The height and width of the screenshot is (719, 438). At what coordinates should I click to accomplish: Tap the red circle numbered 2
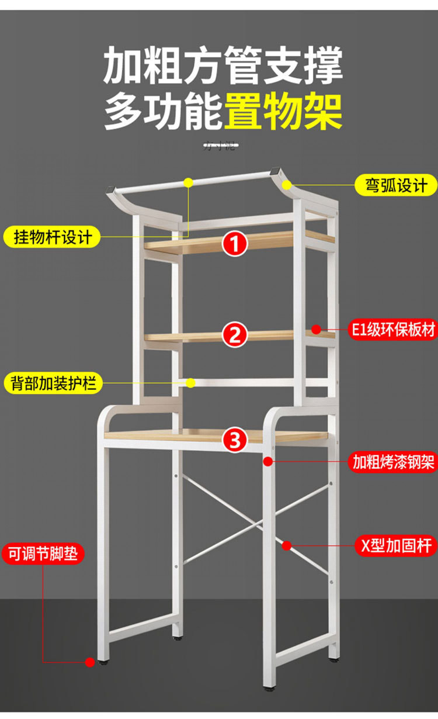click(x=235, y=335)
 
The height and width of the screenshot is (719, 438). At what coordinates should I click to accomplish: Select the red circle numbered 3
click(x=235, y=440)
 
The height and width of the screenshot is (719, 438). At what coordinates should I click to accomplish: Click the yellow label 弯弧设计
click(x=396, y=186)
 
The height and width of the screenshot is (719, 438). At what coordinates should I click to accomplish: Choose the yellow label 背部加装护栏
click(x=53, y=383)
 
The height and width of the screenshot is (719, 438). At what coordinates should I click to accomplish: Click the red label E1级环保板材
click(x=393, y=330)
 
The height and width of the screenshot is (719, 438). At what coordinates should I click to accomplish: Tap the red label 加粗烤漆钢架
click(x=393, y=462)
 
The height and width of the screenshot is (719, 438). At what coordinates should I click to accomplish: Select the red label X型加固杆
click(x=396, y=546)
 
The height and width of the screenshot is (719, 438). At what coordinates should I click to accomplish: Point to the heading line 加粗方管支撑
click(x=223, y=66)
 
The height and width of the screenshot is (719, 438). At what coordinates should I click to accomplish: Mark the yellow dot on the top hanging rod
click(x=188, y=182)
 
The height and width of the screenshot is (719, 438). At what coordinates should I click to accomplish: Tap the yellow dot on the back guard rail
click(x=190, y=383)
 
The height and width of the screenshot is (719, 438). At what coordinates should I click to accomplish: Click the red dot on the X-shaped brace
click(x=287, y=546)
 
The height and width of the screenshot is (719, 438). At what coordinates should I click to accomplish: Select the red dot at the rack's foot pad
click(x=90, y=662)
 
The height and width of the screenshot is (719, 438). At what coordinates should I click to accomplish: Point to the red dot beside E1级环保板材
click(x=316, y=330)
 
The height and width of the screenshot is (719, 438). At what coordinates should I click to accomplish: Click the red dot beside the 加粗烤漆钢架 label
click(x=268, y=462)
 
